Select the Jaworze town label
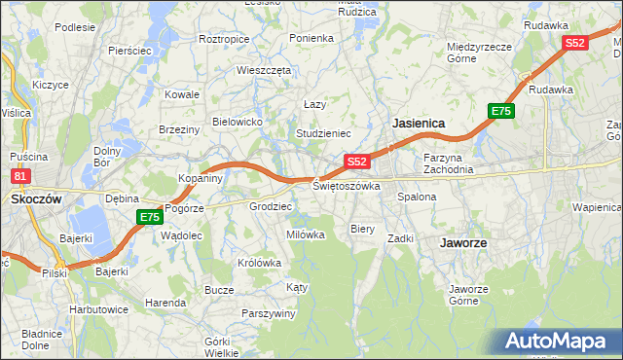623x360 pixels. point(463,242)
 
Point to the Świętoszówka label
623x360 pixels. point(347,185)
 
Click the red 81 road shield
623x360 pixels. point(20,176)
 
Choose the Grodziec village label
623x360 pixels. point(271,206)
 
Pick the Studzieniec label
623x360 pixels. point(323,132)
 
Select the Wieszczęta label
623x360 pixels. point(264,70)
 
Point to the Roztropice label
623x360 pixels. point(224,39)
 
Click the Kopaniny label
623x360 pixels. point(202,179)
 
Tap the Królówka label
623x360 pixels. point(259,263)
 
